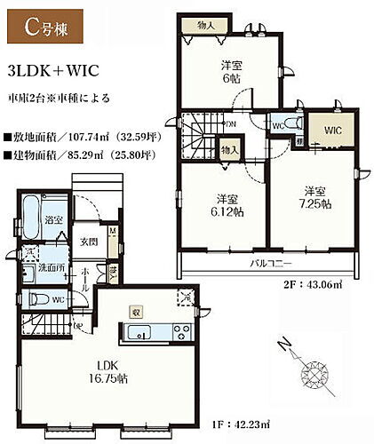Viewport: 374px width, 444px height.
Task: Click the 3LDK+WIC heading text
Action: (52, 69)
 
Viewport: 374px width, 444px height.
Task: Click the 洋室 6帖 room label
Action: (232, 70)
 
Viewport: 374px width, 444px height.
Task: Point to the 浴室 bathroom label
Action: (54, 219)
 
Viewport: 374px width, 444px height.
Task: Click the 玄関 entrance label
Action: (88, 242)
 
